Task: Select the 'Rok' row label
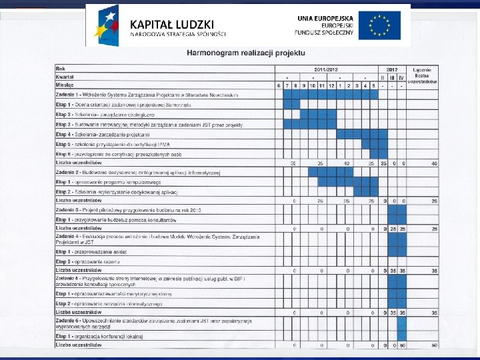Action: (x=61, y=69)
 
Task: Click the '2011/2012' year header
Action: (x=326, y=69)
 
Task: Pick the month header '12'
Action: (x=331, y=85)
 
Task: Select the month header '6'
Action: (x=279, y=85)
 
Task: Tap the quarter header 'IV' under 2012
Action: (x=401, y=77)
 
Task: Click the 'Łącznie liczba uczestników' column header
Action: (x=425, y=76)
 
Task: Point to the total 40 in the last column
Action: (x=434, y=163)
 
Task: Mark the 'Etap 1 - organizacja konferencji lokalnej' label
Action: (x=100, y=337)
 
